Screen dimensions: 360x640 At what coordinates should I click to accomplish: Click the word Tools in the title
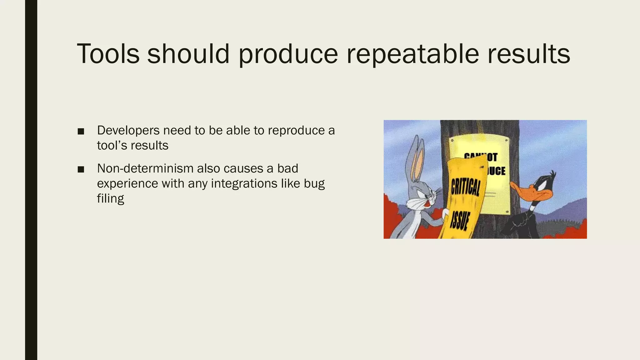click(108, 54)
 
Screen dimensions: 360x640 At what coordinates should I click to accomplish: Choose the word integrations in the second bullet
click(244, 183)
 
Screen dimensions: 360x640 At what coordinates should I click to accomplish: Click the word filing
click(110, 198)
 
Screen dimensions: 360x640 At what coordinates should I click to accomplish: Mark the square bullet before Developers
click(81, 131)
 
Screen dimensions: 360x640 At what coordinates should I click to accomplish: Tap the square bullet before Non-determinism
click(81, 169)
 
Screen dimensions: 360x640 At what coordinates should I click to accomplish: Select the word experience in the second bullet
click(127, 183)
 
